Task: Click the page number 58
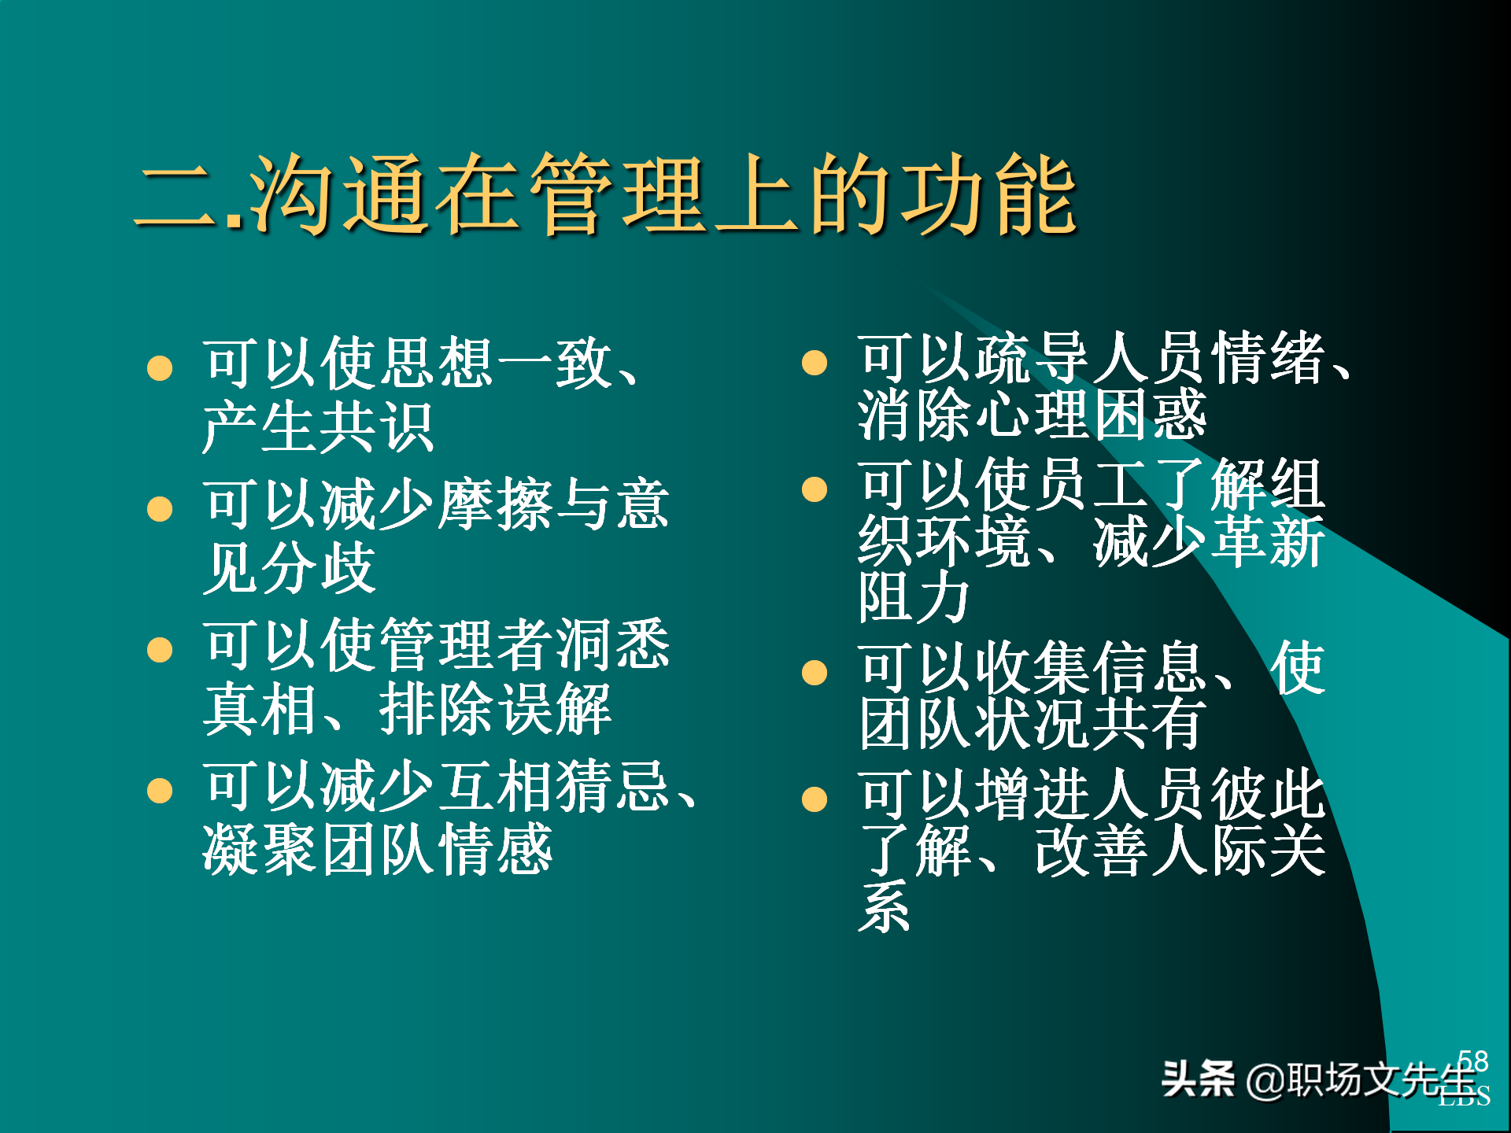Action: pyautogui.click(x=1472, y=1061)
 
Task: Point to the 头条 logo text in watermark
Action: pyautogui.click(x=1198, y=1079)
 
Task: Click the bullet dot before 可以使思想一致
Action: pyautogui.click(x=160, y=367)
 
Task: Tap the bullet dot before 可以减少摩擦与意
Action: pyautogui.click(x=160, y=509)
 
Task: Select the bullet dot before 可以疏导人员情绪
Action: pyautogui.click(x=815, y=363)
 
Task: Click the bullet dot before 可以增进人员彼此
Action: pyautogui.click(x=815, y=799)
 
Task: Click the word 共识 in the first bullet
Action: pyautogui.click(x=376, y=427)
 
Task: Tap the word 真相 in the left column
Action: pyautogui.click(x=260, y=709)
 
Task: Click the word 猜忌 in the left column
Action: pyautogui.click(x=614, y=786)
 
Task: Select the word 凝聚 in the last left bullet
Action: pyautogui.click(x=260, y=850)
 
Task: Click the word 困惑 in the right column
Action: pyautogui.click(x=1150, y=415)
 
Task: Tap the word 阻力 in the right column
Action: pyautogui.click(x=913, y=598)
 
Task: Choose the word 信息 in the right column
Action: pyautogui.click(x=1150, y=668)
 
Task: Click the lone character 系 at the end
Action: pyautogui.click(x=885, y=906)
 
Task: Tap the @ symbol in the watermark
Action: pyautogui.click(x=1265, y=1080)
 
